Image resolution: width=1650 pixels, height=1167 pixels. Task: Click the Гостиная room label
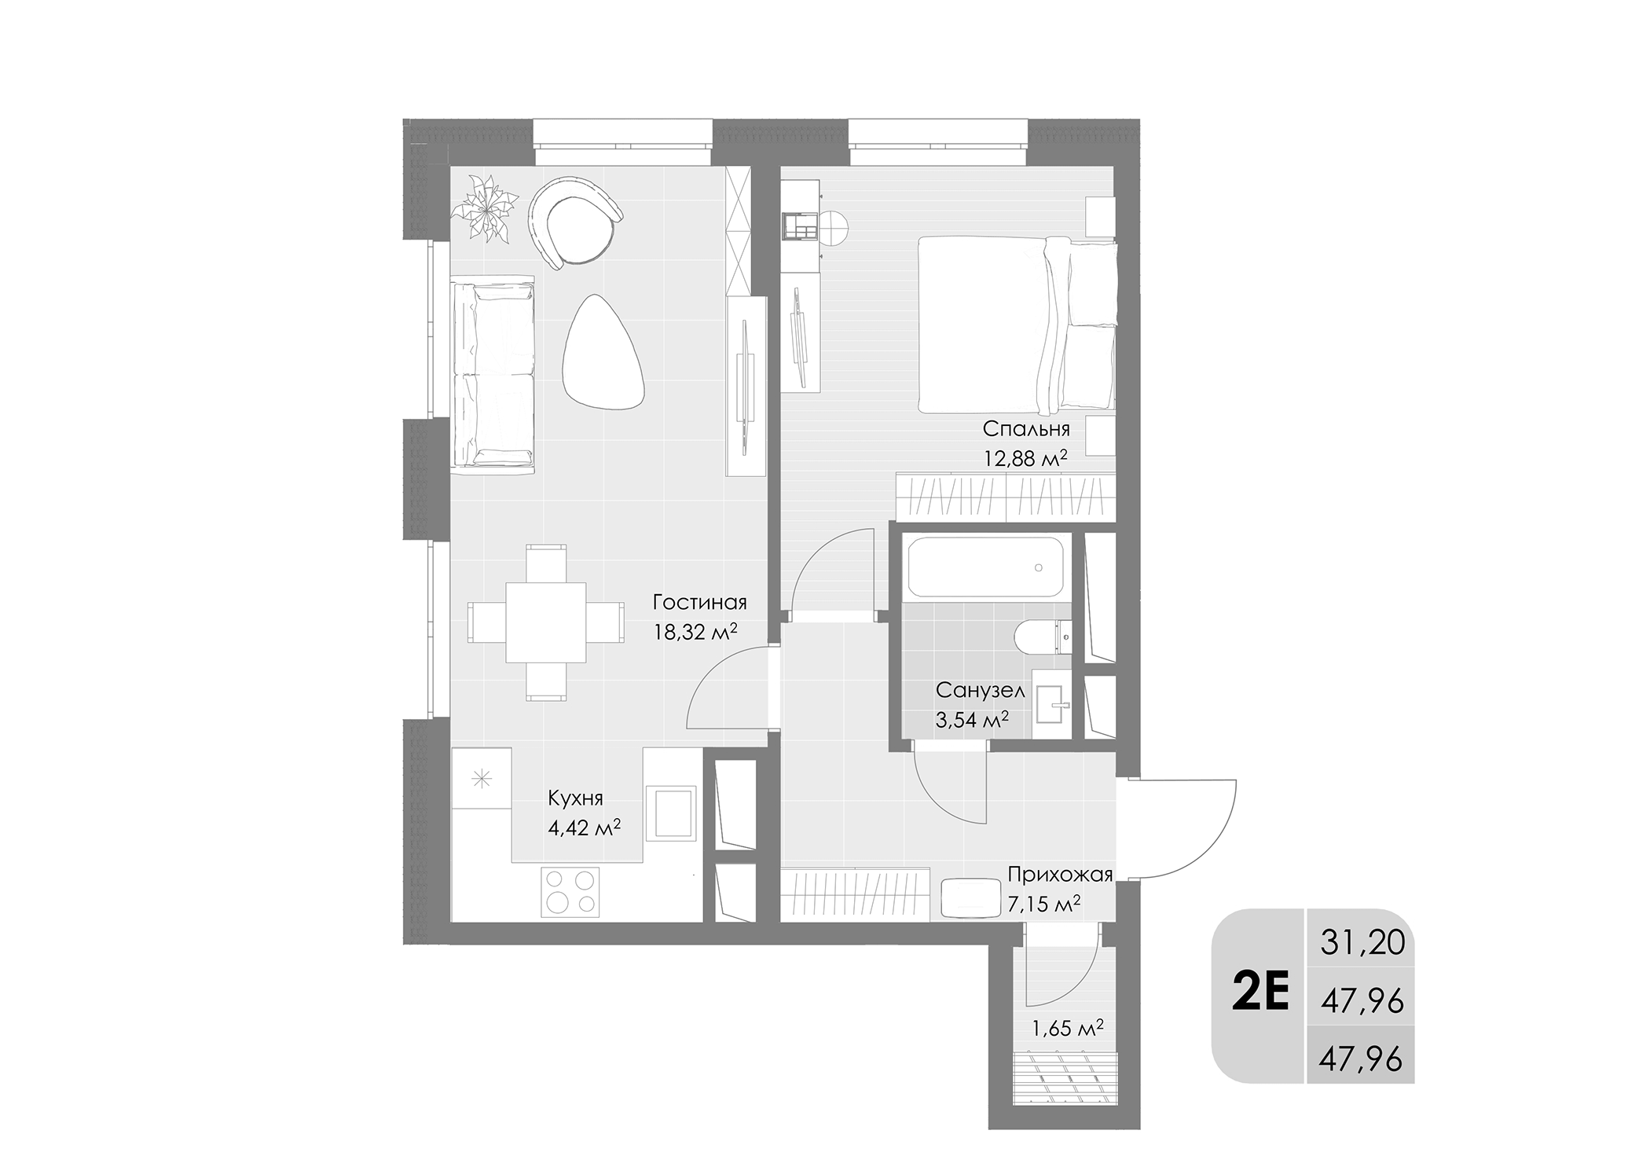point(699,603)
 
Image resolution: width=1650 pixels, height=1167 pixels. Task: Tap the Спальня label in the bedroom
point(1026,429)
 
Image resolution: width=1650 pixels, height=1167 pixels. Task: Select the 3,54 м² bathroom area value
point(972,720)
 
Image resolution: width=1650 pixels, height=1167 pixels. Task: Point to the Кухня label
point(575,799)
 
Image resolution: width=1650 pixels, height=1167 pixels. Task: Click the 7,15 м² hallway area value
point(1043,905)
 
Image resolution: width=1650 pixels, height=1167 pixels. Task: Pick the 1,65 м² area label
point(1068,1028)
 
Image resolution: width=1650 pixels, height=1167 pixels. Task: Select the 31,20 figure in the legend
point(1362,942)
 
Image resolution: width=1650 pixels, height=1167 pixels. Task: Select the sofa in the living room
point(493,374)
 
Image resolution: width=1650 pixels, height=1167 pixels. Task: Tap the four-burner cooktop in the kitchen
point(570,890)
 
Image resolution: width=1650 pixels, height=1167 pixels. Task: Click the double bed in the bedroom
point(1017,325)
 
